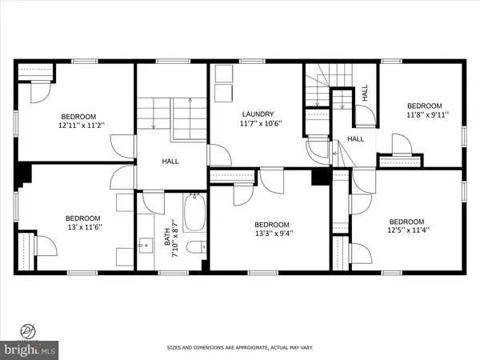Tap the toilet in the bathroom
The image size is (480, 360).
pos(195,249)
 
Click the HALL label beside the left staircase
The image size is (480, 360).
pos(170,162)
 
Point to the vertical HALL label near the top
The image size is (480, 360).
pos(365,94)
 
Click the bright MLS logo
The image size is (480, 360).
pos(30,349)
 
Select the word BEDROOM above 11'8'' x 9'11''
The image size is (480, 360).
pos(424,106)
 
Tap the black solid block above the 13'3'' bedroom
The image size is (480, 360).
pos(321,177)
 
